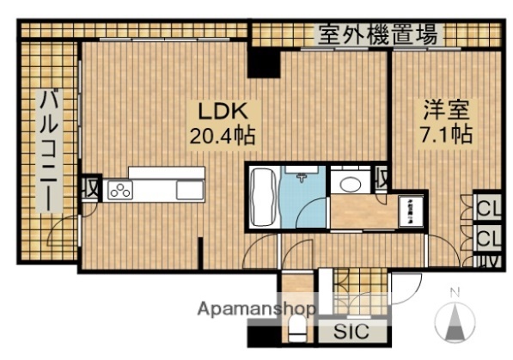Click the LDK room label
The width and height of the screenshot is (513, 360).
tap(224, 111)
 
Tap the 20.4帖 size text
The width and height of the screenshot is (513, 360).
tap(224, 135)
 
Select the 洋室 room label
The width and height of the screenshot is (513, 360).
tap(446, 111)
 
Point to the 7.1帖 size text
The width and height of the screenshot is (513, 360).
tap(446, 135)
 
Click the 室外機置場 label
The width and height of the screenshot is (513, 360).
tap(378, 35)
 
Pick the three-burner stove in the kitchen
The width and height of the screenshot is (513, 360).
tap(119, 191)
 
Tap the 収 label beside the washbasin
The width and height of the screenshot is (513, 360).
tap(382, 178)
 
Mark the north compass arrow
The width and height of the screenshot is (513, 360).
tap(455, 322)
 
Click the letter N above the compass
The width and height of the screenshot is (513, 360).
tap(455, 290)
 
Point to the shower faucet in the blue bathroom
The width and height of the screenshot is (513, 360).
tap(302, 178)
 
